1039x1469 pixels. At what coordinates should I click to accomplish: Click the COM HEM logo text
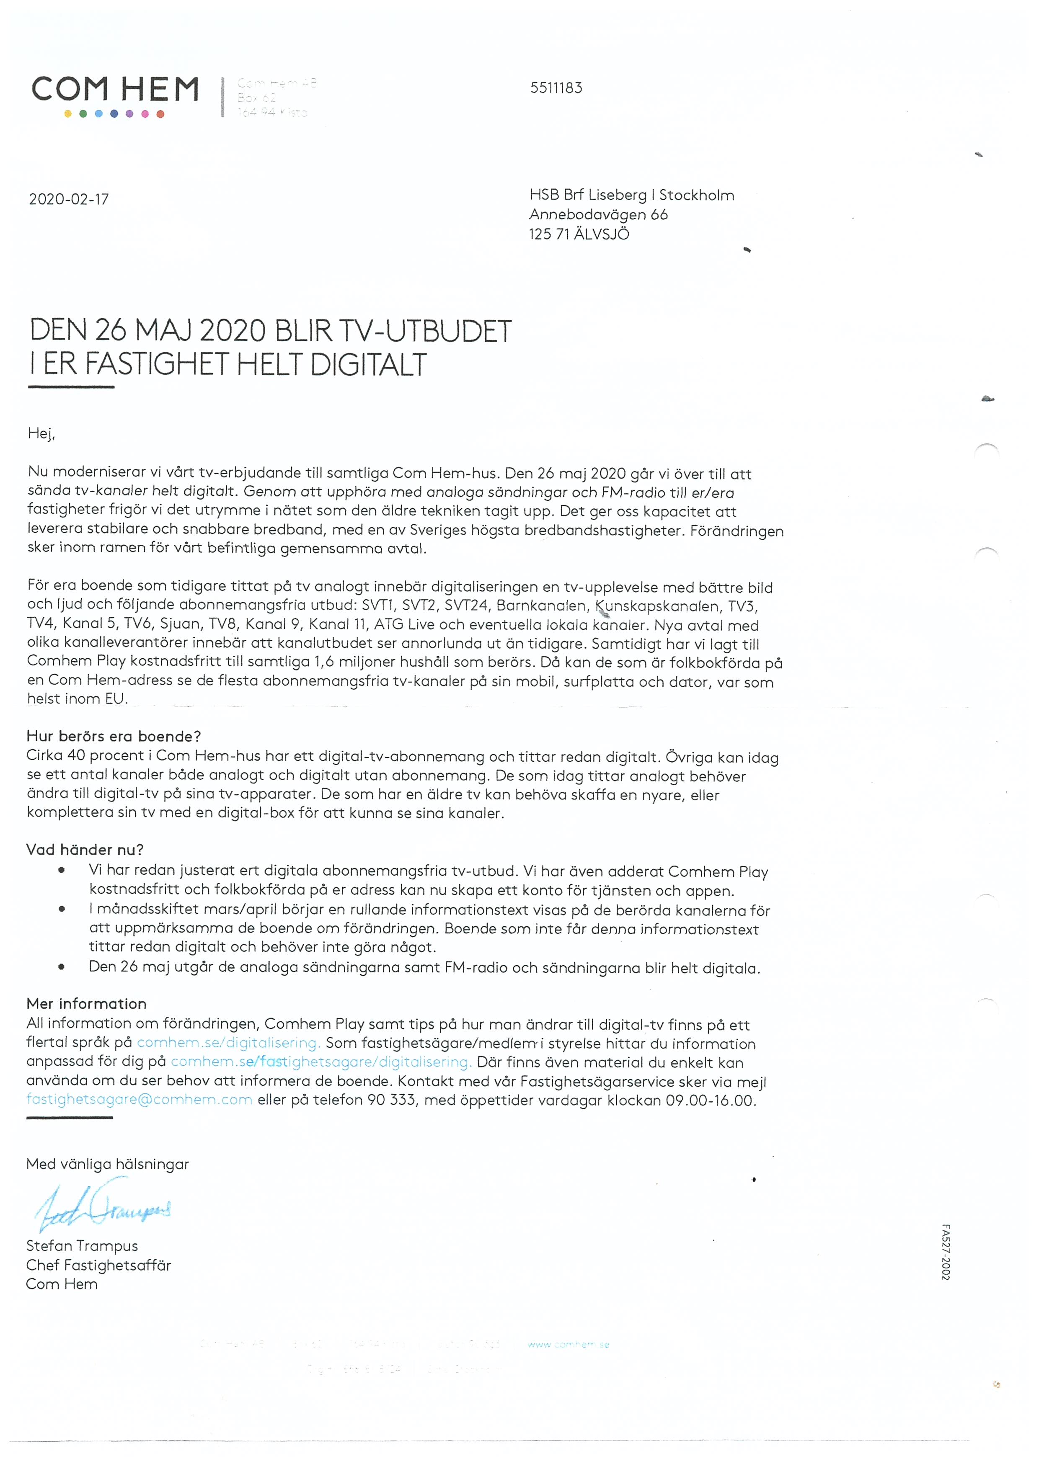[115, 90]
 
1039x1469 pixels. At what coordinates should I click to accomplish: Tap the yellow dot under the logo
[68, 114]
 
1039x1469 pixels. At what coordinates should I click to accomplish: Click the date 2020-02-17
[69, 200]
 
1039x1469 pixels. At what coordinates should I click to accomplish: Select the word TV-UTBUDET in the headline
[424, 331]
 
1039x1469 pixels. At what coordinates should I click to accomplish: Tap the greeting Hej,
[41, 434]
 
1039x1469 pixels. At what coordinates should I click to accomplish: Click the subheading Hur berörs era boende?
[114, 737]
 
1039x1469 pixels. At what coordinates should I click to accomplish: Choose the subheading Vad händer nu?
[85, 850]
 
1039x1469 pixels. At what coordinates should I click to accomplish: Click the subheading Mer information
[86, 1004]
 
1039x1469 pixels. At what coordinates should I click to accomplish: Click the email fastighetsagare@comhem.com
[140, 1100]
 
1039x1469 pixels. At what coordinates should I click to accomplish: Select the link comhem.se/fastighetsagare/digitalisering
[321, 1062]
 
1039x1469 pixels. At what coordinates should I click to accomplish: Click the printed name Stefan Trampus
[82, 1246]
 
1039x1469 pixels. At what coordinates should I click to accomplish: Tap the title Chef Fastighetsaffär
[98, 1265]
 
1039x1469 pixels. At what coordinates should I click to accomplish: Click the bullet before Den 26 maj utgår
[62, 967]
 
